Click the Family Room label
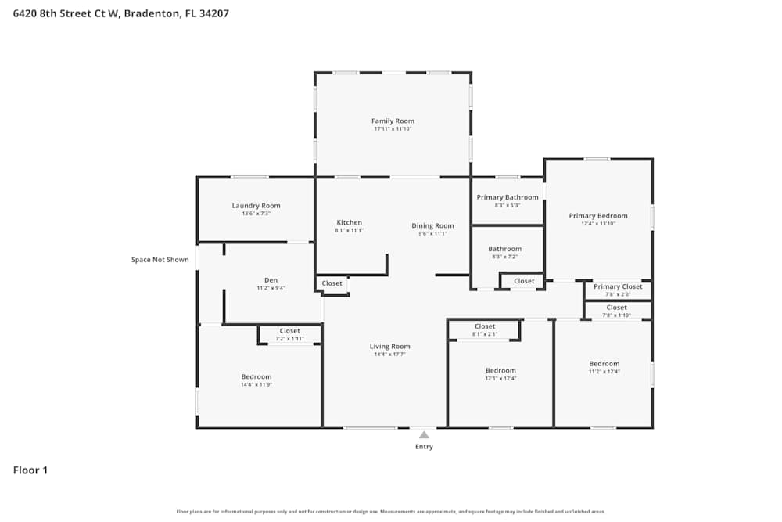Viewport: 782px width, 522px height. click(393, 121)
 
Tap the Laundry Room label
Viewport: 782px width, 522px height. click(256, 206)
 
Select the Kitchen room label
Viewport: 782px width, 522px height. click(349, 222)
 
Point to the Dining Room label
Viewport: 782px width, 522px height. click(432, 225)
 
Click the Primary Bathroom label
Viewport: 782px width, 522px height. click(507, 197)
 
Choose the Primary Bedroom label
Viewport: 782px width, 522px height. click(597, 216)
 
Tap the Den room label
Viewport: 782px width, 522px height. click(271, 280)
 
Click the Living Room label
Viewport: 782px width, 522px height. click(389, 347)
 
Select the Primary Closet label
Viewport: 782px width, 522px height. click(618, 286)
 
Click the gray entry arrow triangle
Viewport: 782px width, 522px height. click(423, 434)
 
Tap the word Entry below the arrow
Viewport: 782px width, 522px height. click(423, 447)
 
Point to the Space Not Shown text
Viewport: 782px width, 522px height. click(160, 260)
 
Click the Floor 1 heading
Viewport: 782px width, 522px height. click(30, 470)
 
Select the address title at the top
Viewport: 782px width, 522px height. click(121, 13)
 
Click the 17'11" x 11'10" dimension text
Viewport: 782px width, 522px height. click(393, 129)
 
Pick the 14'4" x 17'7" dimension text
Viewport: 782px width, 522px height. click(389, 355)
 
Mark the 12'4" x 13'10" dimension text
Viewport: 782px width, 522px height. click(597, 224)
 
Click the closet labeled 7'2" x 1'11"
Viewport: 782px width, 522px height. click(289, 335)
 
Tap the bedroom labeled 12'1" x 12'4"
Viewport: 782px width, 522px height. click(500, 374)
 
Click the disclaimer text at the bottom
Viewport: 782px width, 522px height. click(391, 512)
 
